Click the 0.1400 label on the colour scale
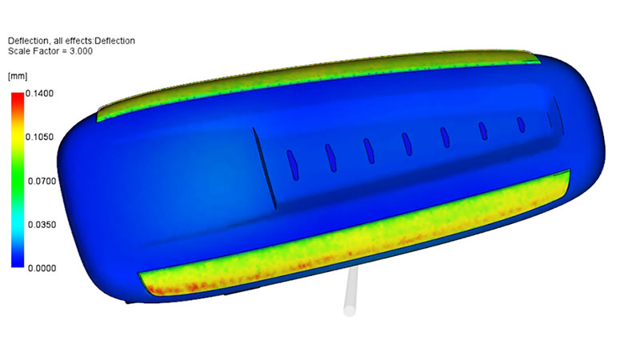39,94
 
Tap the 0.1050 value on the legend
39,137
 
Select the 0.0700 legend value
42,182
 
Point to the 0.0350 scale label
42,225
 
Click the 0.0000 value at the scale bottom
42,269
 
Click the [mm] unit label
18,76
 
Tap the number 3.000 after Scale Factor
82,51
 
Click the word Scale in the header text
18,51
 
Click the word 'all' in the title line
58,41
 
